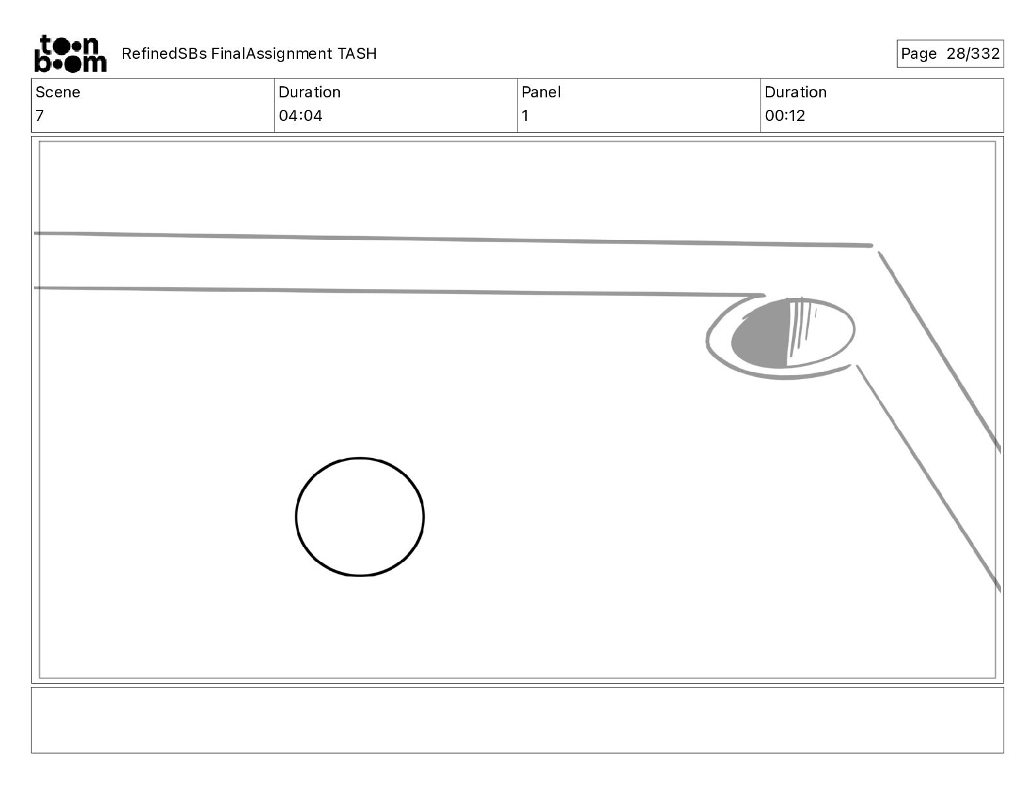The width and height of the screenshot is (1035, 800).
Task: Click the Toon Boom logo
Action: [71, 54]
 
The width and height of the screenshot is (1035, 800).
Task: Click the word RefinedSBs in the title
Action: [164, 54]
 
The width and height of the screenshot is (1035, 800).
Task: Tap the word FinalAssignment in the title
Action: [271, 54]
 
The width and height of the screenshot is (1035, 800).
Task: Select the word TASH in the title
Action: [357, 54]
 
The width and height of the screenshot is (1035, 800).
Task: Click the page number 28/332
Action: [973, 54]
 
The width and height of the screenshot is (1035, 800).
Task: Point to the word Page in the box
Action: [919, 54]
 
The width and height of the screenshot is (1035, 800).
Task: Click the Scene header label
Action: [57, 92]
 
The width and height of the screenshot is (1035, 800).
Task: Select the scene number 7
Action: [40, 116]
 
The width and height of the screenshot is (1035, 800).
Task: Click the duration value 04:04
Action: [301, 116]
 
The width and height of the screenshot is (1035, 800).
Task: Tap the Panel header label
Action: [541, 92]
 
